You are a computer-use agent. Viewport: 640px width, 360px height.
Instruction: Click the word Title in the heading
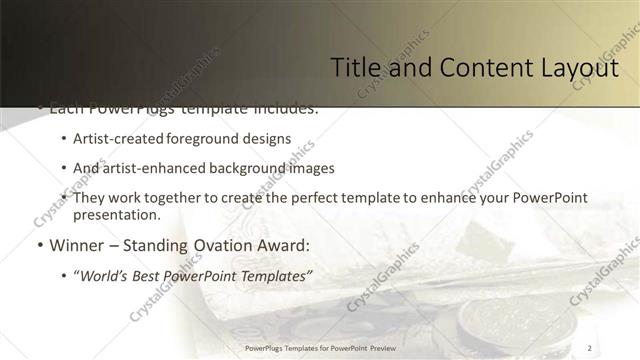click(354, 68)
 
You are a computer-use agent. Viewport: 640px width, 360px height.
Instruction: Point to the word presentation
click(115, 214)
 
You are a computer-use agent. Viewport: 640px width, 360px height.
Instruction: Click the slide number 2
click(589, 347)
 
